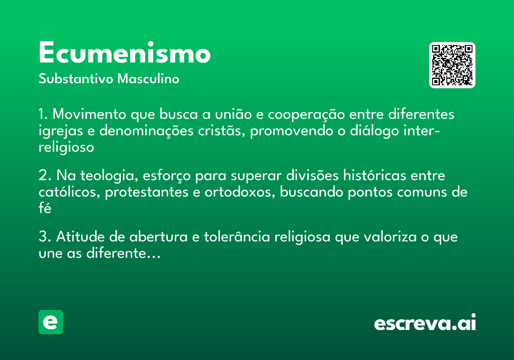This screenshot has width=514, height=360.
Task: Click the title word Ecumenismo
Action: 124,54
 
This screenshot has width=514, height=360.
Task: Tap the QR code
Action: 452,65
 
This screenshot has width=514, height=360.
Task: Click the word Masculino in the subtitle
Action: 149,79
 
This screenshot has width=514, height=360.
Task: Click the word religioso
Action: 66,147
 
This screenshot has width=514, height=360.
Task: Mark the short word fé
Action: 45,208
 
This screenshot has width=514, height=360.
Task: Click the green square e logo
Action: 51,322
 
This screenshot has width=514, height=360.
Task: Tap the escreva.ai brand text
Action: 425,323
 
